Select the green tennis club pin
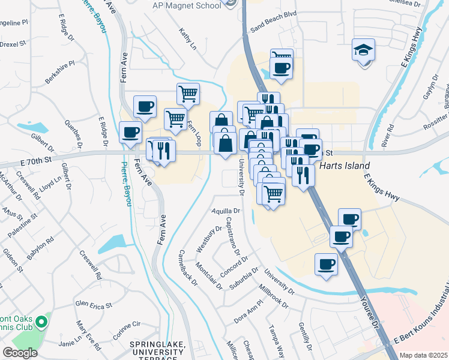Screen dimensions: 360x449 (41, 323)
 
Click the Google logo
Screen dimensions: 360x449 (20, 353)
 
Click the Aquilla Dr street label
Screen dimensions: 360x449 (226, 211)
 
